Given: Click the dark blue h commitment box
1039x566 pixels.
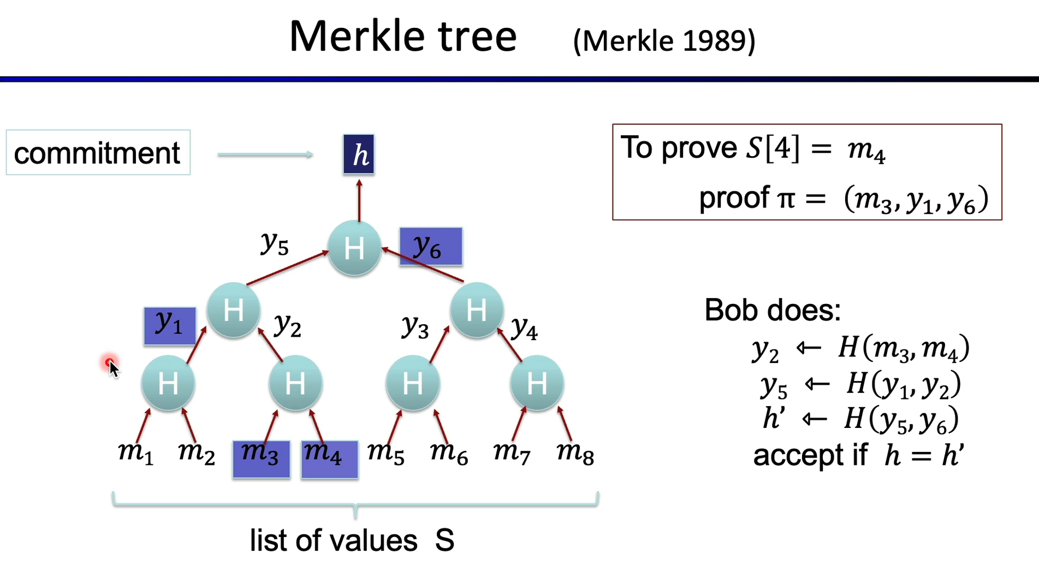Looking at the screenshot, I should (x=359, y=154).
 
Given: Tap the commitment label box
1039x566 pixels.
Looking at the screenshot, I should (x=98, y=153).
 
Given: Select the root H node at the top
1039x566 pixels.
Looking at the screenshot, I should (x=354, y=248).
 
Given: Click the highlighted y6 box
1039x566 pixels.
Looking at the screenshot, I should (x=431, y=247).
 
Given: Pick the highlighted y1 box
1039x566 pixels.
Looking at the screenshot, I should (x=170, y=326).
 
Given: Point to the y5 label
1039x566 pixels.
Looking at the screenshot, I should (x=274, y=243).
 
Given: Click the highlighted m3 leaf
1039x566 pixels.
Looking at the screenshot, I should (x=261, y=459).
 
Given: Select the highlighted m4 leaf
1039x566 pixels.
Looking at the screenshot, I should (x=329, y=459).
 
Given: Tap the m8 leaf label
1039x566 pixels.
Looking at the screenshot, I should (x=575, y=454).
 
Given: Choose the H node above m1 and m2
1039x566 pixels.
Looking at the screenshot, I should (x=168, y=383).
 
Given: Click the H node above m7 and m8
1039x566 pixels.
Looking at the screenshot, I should (x=537, y=383).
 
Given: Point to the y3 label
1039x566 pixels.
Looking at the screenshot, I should (x=415, y=327).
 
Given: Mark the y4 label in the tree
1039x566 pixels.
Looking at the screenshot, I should (x=524, y=328).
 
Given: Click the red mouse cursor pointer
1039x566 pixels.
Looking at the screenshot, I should (x=111, y=366).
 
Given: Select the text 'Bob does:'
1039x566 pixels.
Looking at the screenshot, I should (x=773, y=310).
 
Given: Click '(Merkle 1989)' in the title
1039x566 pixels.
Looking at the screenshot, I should (x=664, y=41).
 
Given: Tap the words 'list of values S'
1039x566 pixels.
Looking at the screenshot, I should (x=352, y=540).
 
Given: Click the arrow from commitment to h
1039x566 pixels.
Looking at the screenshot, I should (x=265, y=155).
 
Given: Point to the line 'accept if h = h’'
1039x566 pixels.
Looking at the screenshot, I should (x=858, y=455).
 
